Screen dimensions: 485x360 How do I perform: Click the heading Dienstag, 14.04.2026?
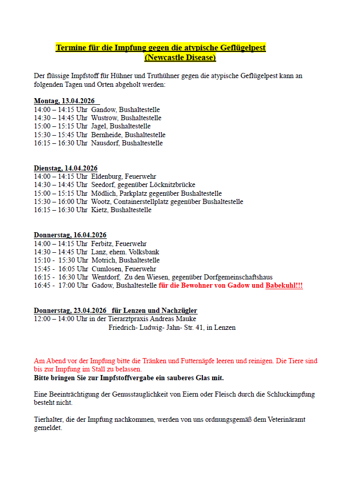66,168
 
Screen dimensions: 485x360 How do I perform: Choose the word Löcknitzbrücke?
173,184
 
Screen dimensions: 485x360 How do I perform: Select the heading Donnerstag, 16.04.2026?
70,235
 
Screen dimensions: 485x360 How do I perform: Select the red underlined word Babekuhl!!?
284,285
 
